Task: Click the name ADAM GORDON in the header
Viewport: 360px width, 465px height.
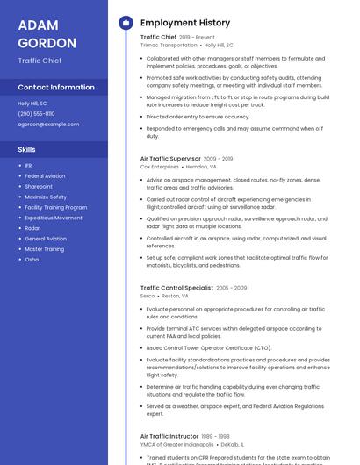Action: tap(47, 33)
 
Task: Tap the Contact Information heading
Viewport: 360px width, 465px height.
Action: tap(56, 88)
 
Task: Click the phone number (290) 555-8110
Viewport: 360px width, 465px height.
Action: tap(36, 114)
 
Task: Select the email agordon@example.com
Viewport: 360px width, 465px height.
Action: tap(48, 125)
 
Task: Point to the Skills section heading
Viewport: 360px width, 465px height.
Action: tap(26, 150)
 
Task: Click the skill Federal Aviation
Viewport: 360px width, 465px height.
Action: tap(45, 176)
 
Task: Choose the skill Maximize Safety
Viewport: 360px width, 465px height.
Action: tap(46, 197)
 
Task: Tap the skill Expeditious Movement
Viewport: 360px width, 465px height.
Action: tap(54, 218)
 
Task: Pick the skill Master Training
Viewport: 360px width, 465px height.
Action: tap(44, 249)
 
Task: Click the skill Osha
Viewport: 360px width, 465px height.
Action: tap(32, 260)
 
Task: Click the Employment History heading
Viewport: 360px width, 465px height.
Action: tap(185, 23)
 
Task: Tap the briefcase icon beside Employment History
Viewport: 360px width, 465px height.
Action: tap(126, 23)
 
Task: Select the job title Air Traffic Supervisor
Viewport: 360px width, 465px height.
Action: tap(170, 159)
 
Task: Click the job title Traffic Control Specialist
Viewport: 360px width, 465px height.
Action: tap(176, 288)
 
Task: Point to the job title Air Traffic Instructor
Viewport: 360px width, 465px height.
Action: tap(169, 436)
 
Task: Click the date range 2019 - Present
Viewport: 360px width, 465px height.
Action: tap(197, 38)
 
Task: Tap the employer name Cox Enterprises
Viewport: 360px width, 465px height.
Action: tap(159, 167)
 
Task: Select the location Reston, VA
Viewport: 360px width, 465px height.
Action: tap(175, 297)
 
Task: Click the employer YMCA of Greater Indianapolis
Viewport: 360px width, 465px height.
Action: tap(176, 445)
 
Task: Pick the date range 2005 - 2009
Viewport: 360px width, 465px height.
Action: tap(232, 288)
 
